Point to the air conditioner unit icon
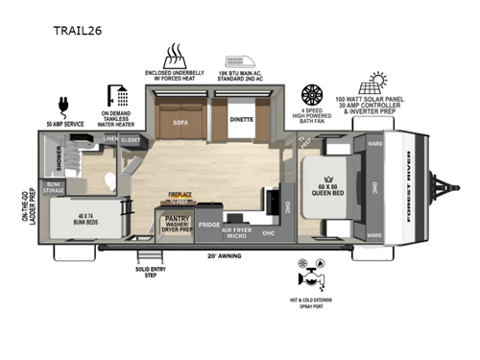click(x=240, y=53)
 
